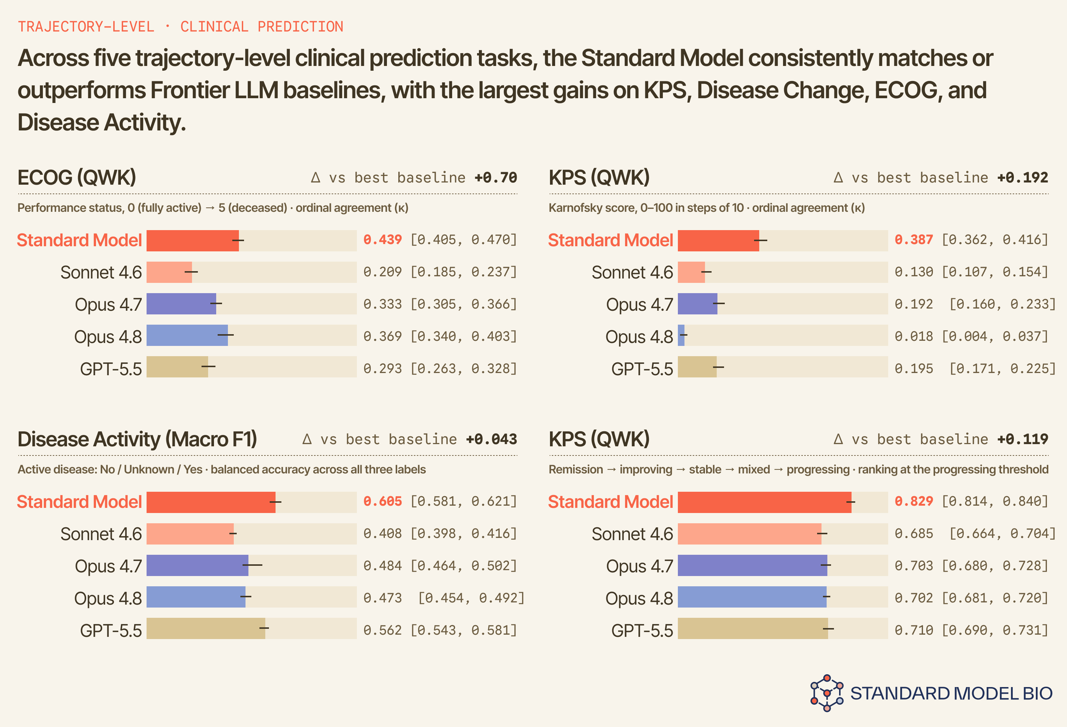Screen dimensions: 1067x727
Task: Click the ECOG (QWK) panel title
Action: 77,178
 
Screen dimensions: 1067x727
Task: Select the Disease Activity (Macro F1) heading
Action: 137,439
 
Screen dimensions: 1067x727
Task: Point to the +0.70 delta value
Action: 496,178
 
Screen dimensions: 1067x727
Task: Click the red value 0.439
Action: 383,240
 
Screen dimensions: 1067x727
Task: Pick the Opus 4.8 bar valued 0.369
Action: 187,335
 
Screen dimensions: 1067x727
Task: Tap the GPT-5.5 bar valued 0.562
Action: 206,628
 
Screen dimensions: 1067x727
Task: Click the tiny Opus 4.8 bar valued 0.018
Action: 681,335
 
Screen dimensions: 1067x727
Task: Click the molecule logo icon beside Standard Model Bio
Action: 826,693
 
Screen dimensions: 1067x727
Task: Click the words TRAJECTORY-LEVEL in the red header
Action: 86,27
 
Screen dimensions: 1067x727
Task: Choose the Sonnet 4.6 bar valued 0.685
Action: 749,534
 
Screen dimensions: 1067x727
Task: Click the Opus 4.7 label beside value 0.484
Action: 108,566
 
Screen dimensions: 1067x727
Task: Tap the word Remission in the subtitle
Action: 576,469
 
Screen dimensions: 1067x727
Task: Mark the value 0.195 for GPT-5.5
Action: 913,368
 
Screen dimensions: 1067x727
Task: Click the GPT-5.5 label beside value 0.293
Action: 111,369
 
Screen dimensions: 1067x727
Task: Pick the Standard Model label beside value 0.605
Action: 80,502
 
